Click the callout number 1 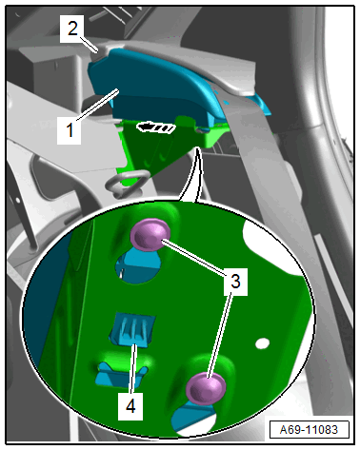tap(70, 130)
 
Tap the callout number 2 tap(72, 29)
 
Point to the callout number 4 tap(130, 406)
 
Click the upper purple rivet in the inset tap(150, 235)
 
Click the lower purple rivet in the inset tap(206, 389)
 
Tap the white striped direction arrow tap(155, 127)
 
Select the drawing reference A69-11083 tap(309, 430)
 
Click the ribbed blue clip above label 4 tap(132, 330)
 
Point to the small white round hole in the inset tap(263, 343)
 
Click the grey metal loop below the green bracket tap(127, 183)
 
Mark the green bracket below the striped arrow tap(165, 145)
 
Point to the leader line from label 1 tap(97, 105)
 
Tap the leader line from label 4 tap(133, 368)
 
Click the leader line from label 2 tap(89, 44)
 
